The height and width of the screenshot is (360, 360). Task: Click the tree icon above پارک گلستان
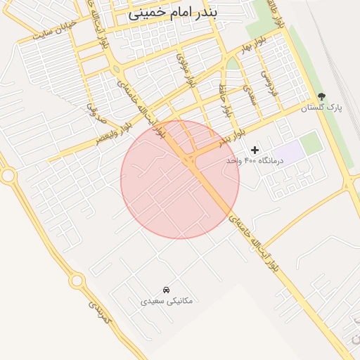click(321, 96)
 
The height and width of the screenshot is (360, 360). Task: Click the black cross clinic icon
click(255, 149)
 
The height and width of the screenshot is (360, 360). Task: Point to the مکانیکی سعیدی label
click(167, 300)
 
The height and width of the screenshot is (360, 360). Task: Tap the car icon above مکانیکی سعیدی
click(166, 289)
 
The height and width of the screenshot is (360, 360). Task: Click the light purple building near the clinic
click(288, 149)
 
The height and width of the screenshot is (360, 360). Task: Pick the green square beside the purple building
click(311, 141)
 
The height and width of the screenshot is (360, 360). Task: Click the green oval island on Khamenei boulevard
click(115, 70)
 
